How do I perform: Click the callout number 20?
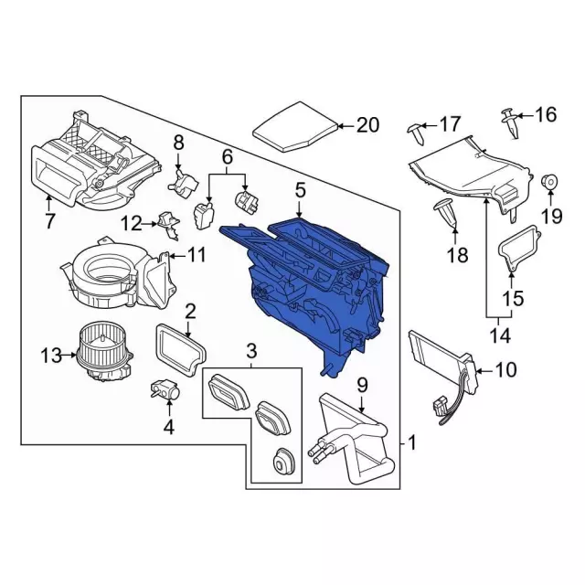click(x=367, y=125)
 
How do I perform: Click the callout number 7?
click(x=50, y=220)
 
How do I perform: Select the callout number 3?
click(x=251, y=350)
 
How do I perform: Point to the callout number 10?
click(x=505, y=370)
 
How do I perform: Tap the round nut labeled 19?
click(x=550, y=182)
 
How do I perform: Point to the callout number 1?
click(x=411, y=445)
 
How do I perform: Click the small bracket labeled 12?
click(x=165, y=220)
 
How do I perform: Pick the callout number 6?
click(x=228, y=158)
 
